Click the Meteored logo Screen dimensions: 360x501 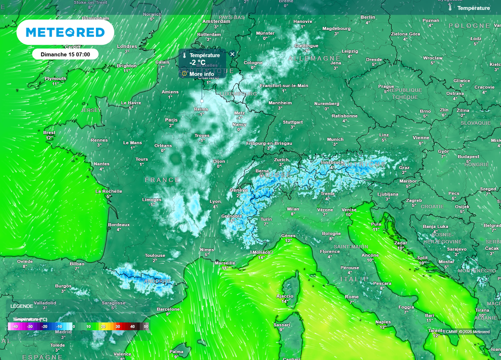pos(65,32)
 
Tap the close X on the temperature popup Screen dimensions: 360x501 pos(232,54)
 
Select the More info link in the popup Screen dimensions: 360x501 pos(201,74)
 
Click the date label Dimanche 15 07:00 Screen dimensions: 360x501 pos(66,54)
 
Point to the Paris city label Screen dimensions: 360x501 pos(171,120)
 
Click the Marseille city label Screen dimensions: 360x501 pos(225,263)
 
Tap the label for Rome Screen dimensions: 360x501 pos(352,297)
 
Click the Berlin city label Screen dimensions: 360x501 pos(368,17)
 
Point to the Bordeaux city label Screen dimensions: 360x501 pos(119,225)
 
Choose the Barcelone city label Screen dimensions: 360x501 pos(168,309)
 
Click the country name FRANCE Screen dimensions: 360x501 pos(162,180)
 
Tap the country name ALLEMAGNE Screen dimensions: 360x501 pos(314,58)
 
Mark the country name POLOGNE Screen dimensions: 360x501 pos(469,25)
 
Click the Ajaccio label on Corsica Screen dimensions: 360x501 pos(285,296)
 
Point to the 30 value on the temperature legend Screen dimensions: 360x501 pos(117,326)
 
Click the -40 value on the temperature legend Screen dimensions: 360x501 pos(15,326)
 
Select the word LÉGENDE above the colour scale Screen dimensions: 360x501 pos(22,306)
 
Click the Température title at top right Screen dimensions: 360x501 pos(473,8)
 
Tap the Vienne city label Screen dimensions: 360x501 pos(421,137)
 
